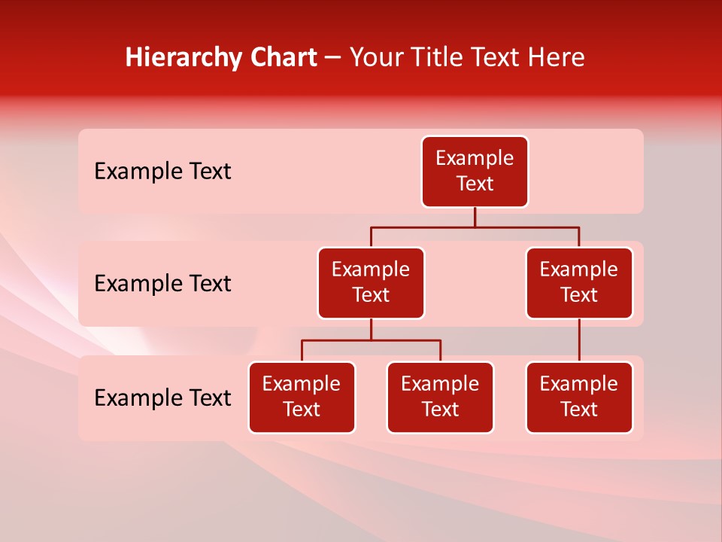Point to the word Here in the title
(557, 57)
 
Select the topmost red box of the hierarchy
(475, 172)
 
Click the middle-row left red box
(371, 283)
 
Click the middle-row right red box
(579, 283)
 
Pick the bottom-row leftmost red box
(302, 397)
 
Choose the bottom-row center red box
(440, 397)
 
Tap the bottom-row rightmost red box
(579, 397)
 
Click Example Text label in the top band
(162, 172)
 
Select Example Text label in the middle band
(162, 284)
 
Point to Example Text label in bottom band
(162, 397)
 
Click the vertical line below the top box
(475, 218)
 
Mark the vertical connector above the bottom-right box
(579, 340)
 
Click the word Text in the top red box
(475, 184)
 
